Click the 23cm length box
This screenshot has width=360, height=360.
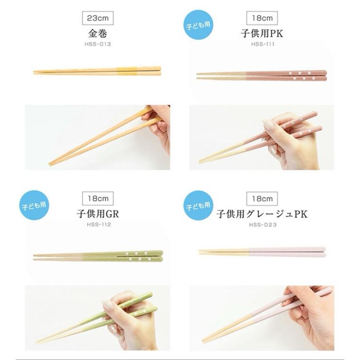[x=98, y=18]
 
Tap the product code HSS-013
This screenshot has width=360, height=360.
[x=98, y=45]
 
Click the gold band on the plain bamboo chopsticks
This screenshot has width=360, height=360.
[x=127, y=70]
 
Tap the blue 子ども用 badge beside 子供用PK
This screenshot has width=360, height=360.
[x=198, y=25]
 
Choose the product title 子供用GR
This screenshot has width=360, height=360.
[x=98, y=214]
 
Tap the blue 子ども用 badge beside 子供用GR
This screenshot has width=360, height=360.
[x=34, y=205]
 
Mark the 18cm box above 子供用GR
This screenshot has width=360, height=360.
[x=98, y=198]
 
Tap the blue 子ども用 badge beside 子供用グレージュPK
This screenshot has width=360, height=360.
[x=198, y=205]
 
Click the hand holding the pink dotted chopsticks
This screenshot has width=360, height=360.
[x=288, y=144]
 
